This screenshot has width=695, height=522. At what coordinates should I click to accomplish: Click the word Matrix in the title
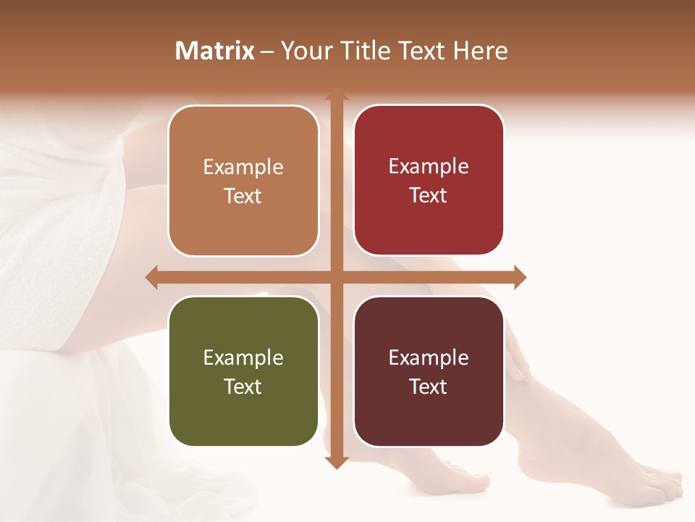coord(215,51)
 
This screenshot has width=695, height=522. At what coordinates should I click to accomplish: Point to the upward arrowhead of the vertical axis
coord(336,95)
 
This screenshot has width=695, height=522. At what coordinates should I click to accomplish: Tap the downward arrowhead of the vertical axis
coord(336,462)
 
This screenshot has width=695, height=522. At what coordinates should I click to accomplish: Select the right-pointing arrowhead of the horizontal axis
coord(520,277)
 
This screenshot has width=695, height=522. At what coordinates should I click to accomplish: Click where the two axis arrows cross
coord(336,277)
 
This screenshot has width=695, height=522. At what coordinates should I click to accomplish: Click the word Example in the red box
coord(429,167)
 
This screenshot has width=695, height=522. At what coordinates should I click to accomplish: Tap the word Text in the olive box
coord(243,386)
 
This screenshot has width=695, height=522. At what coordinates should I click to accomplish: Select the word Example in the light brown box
coord(243,167)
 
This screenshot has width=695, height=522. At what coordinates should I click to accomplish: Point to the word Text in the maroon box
coord(429,386)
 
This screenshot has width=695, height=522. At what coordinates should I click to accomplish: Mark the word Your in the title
coord(305,51)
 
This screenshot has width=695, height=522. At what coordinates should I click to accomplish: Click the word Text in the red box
coord(429,195)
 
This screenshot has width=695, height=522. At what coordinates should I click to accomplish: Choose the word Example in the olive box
coord(243,358)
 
